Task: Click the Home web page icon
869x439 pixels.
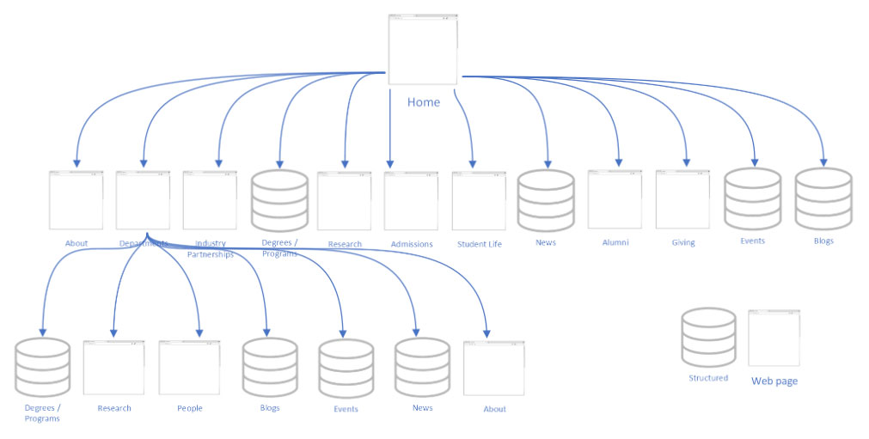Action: [422, 49]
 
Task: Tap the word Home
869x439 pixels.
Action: [423, 102]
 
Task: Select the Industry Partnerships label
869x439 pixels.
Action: [210, 249]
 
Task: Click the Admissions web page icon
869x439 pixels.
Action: [411, 201]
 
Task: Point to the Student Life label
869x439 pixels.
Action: [479, 244]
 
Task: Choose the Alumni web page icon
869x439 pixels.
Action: [615, 199]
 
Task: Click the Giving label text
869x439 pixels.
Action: [683, 242]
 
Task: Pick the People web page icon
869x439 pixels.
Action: [189, 368]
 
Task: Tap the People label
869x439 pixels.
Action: [190, 408]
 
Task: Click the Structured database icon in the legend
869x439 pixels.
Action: [708, 338]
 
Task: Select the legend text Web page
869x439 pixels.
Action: [774, 381]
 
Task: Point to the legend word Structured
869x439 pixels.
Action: [708, 378]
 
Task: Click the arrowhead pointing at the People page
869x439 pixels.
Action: [199, 332]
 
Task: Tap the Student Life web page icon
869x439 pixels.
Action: [479, 201]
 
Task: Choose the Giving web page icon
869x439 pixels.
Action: [682, 199]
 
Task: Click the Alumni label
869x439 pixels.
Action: [615, 242]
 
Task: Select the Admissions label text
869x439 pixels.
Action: [412, 244]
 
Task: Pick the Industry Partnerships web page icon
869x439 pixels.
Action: [210, 201]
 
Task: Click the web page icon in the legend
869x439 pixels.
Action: [774, 338]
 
